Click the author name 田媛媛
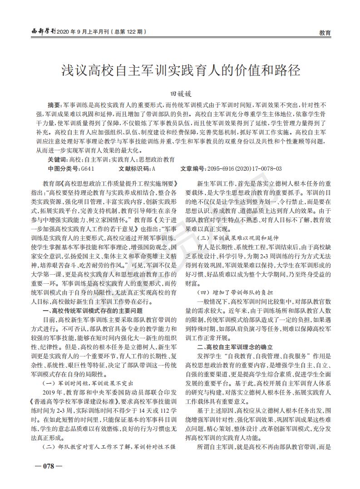[181, 94]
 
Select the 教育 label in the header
[325, 33]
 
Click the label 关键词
[56, 159]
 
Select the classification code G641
[87, 168]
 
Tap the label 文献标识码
[134, 168]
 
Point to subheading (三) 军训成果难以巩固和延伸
[240, 238]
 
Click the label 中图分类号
[64, 168]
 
